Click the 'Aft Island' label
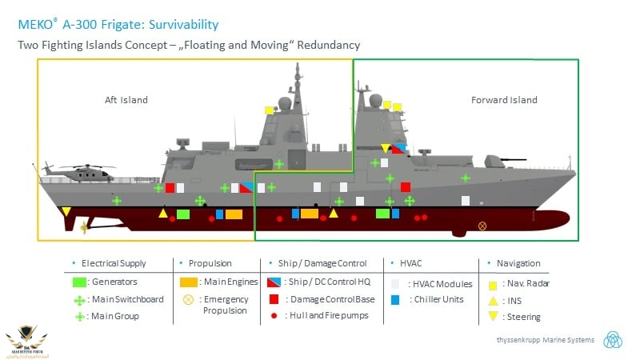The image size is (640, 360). [126, 100]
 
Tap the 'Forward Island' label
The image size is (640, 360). [504, 100]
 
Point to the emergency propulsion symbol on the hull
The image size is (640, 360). [482, 226]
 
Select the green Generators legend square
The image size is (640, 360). [79, 282]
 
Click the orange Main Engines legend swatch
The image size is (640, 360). [189, 282]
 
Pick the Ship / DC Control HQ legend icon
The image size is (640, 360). [274, 282]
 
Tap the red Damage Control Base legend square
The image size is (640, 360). [274, 298]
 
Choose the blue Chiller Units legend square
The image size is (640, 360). [395, 299]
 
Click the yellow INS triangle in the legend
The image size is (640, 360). [493, 300]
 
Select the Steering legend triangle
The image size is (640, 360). [493, 316]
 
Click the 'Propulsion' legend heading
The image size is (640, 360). [210, 263]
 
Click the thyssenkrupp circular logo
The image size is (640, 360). [613, 338]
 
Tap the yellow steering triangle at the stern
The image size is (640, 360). [66, 212]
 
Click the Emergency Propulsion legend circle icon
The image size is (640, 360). [189, 300]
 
